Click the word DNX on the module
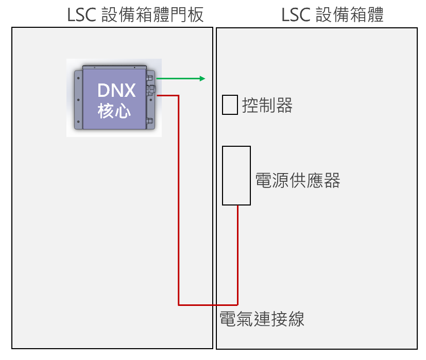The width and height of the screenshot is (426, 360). (x=117, y=91)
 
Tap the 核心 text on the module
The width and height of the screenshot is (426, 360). (x=114, y=111)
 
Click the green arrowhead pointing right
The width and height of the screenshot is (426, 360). (x=202, y=78)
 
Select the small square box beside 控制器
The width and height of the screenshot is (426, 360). (x=230, y=105)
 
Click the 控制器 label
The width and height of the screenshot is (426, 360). (x=267, y=106)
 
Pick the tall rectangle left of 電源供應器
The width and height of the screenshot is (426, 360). (x=236, y=175)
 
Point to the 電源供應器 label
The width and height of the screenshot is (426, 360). (x=298, y=180)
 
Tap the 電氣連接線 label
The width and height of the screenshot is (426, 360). (x=262, y=319)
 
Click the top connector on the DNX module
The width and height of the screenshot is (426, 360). (x=150, y=78)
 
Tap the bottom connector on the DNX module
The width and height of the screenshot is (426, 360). (x=150, y=122)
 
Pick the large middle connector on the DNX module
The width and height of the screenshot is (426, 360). (x=151, y=91)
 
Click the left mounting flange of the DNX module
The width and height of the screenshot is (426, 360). (x=78, y=100)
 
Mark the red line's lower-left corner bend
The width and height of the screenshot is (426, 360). (x=179, y=305)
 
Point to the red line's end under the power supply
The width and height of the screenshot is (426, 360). (x=237, y=207)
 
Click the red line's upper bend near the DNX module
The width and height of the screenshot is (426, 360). (x=178, y=95)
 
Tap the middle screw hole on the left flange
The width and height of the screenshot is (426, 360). (x=78, y=100)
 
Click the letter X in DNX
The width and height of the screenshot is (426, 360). (x=130, y=91)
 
